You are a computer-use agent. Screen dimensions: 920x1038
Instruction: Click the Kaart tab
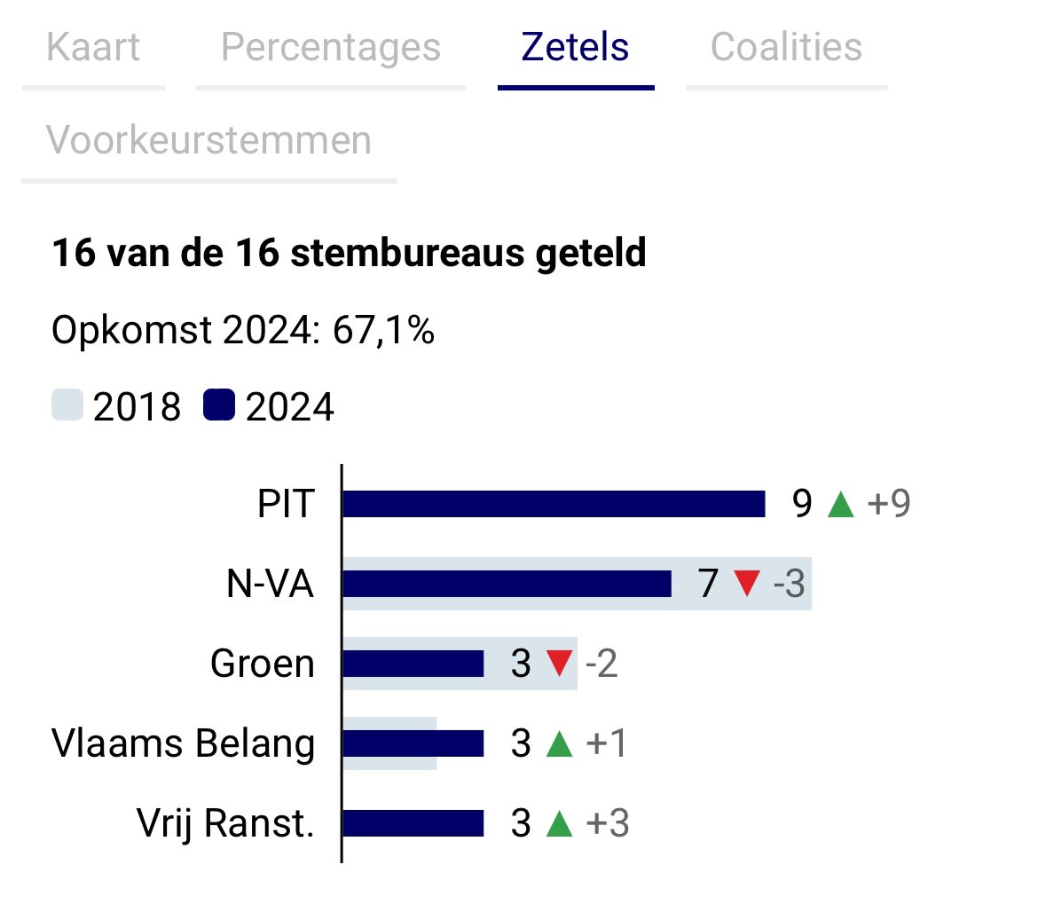click(x=93, y=47)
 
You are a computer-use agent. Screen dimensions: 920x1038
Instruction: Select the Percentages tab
click(x=330, y=47)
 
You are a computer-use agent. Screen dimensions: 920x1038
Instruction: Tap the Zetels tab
click(x=576, y=47)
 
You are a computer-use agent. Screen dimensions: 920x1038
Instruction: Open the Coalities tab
click(x=786, y=47)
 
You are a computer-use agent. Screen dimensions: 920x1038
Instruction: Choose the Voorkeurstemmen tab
click(x=208, y=140)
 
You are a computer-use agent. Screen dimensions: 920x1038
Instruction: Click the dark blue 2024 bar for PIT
click(x=554, y=504)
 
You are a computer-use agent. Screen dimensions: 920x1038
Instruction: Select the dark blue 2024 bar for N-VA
click(x=507, y=584)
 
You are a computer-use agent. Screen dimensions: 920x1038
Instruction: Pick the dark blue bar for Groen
click(x=413, y=664)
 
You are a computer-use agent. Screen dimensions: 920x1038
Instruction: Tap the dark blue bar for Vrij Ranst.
click(x=413, y=823)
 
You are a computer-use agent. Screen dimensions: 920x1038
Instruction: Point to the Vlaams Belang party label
click(x=183, y=743)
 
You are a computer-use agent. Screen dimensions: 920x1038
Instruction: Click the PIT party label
click(x=286, y=504)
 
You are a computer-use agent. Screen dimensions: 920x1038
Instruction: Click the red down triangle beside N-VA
click(x=747, y=584)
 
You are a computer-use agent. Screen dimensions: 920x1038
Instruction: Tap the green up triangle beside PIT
click(x=839, y=505)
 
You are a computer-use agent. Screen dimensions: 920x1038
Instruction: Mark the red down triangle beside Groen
click(x=559, y=664)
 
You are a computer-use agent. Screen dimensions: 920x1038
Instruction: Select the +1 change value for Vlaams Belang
click(x=607, y=743)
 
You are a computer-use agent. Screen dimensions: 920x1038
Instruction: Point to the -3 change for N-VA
click(x=789, y=584)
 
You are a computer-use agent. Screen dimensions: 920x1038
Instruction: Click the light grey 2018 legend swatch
click(x=67, y=406)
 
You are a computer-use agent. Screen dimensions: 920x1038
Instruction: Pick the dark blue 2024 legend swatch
click(x=219, y=406)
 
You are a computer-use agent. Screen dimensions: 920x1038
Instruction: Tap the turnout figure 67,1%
click(x=383, y=330)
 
